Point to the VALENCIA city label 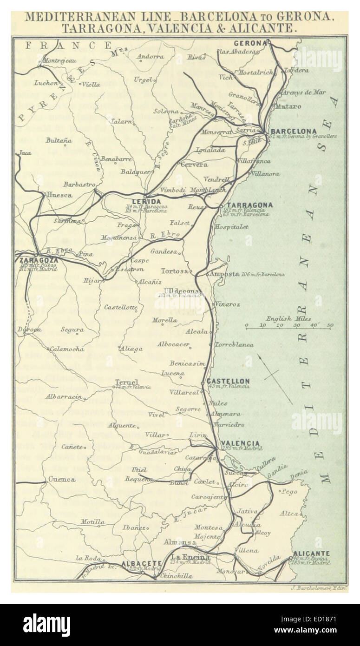[241, 443]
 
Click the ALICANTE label [311, 554]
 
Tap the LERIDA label [149, 202]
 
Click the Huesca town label [59, 195]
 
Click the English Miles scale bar [288, 328]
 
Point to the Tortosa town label [174, 270]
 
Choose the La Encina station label [190, 557]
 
